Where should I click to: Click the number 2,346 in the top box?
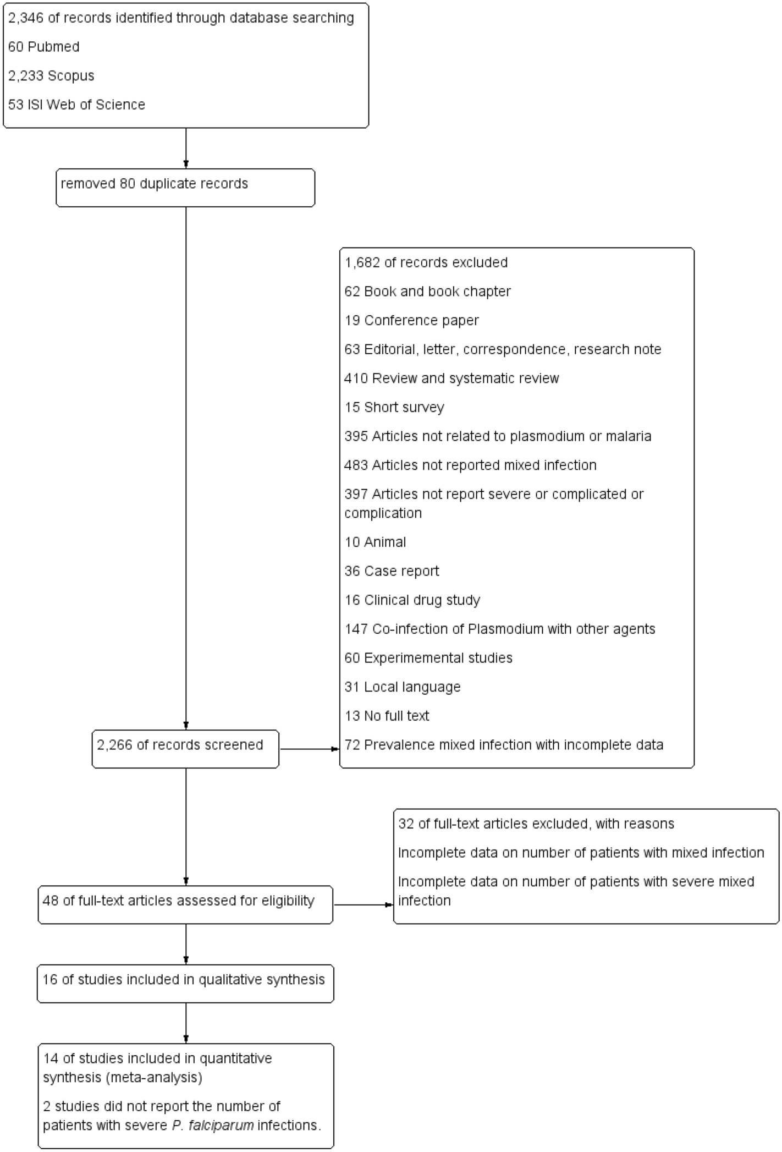point(25,18)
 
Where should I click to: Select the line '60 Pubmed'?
point(43,47)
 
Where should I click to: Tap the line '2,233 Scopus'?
point(51,76)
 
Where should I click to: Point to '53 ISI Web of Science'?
point(76,105)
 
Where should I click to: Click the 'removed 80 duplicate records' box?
point(185,188)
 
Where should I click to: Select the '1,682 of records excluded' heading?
point(426,262)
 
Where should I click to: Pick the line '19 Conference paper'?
point(411,321)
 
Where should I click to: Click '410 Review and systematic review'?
point(451,378)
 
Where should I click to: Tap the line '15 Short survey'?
point(394,408)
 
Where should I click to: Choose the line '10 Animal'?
point(375,542)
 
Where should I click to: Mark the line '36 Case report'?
point(392,571)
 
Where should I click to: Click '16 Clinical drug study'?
point(412,600)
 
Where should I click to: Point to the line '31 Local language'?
point(402,687)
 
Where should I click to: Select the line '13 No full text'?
point(387,716)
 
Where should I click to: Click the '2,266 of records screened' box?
point(185,749)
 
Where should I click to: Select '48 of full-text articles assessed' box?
point(185,904)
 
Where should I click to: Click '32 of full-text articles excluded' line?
point(536,824)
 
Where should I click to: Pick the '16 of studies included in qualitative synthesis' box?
point(185,983)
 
